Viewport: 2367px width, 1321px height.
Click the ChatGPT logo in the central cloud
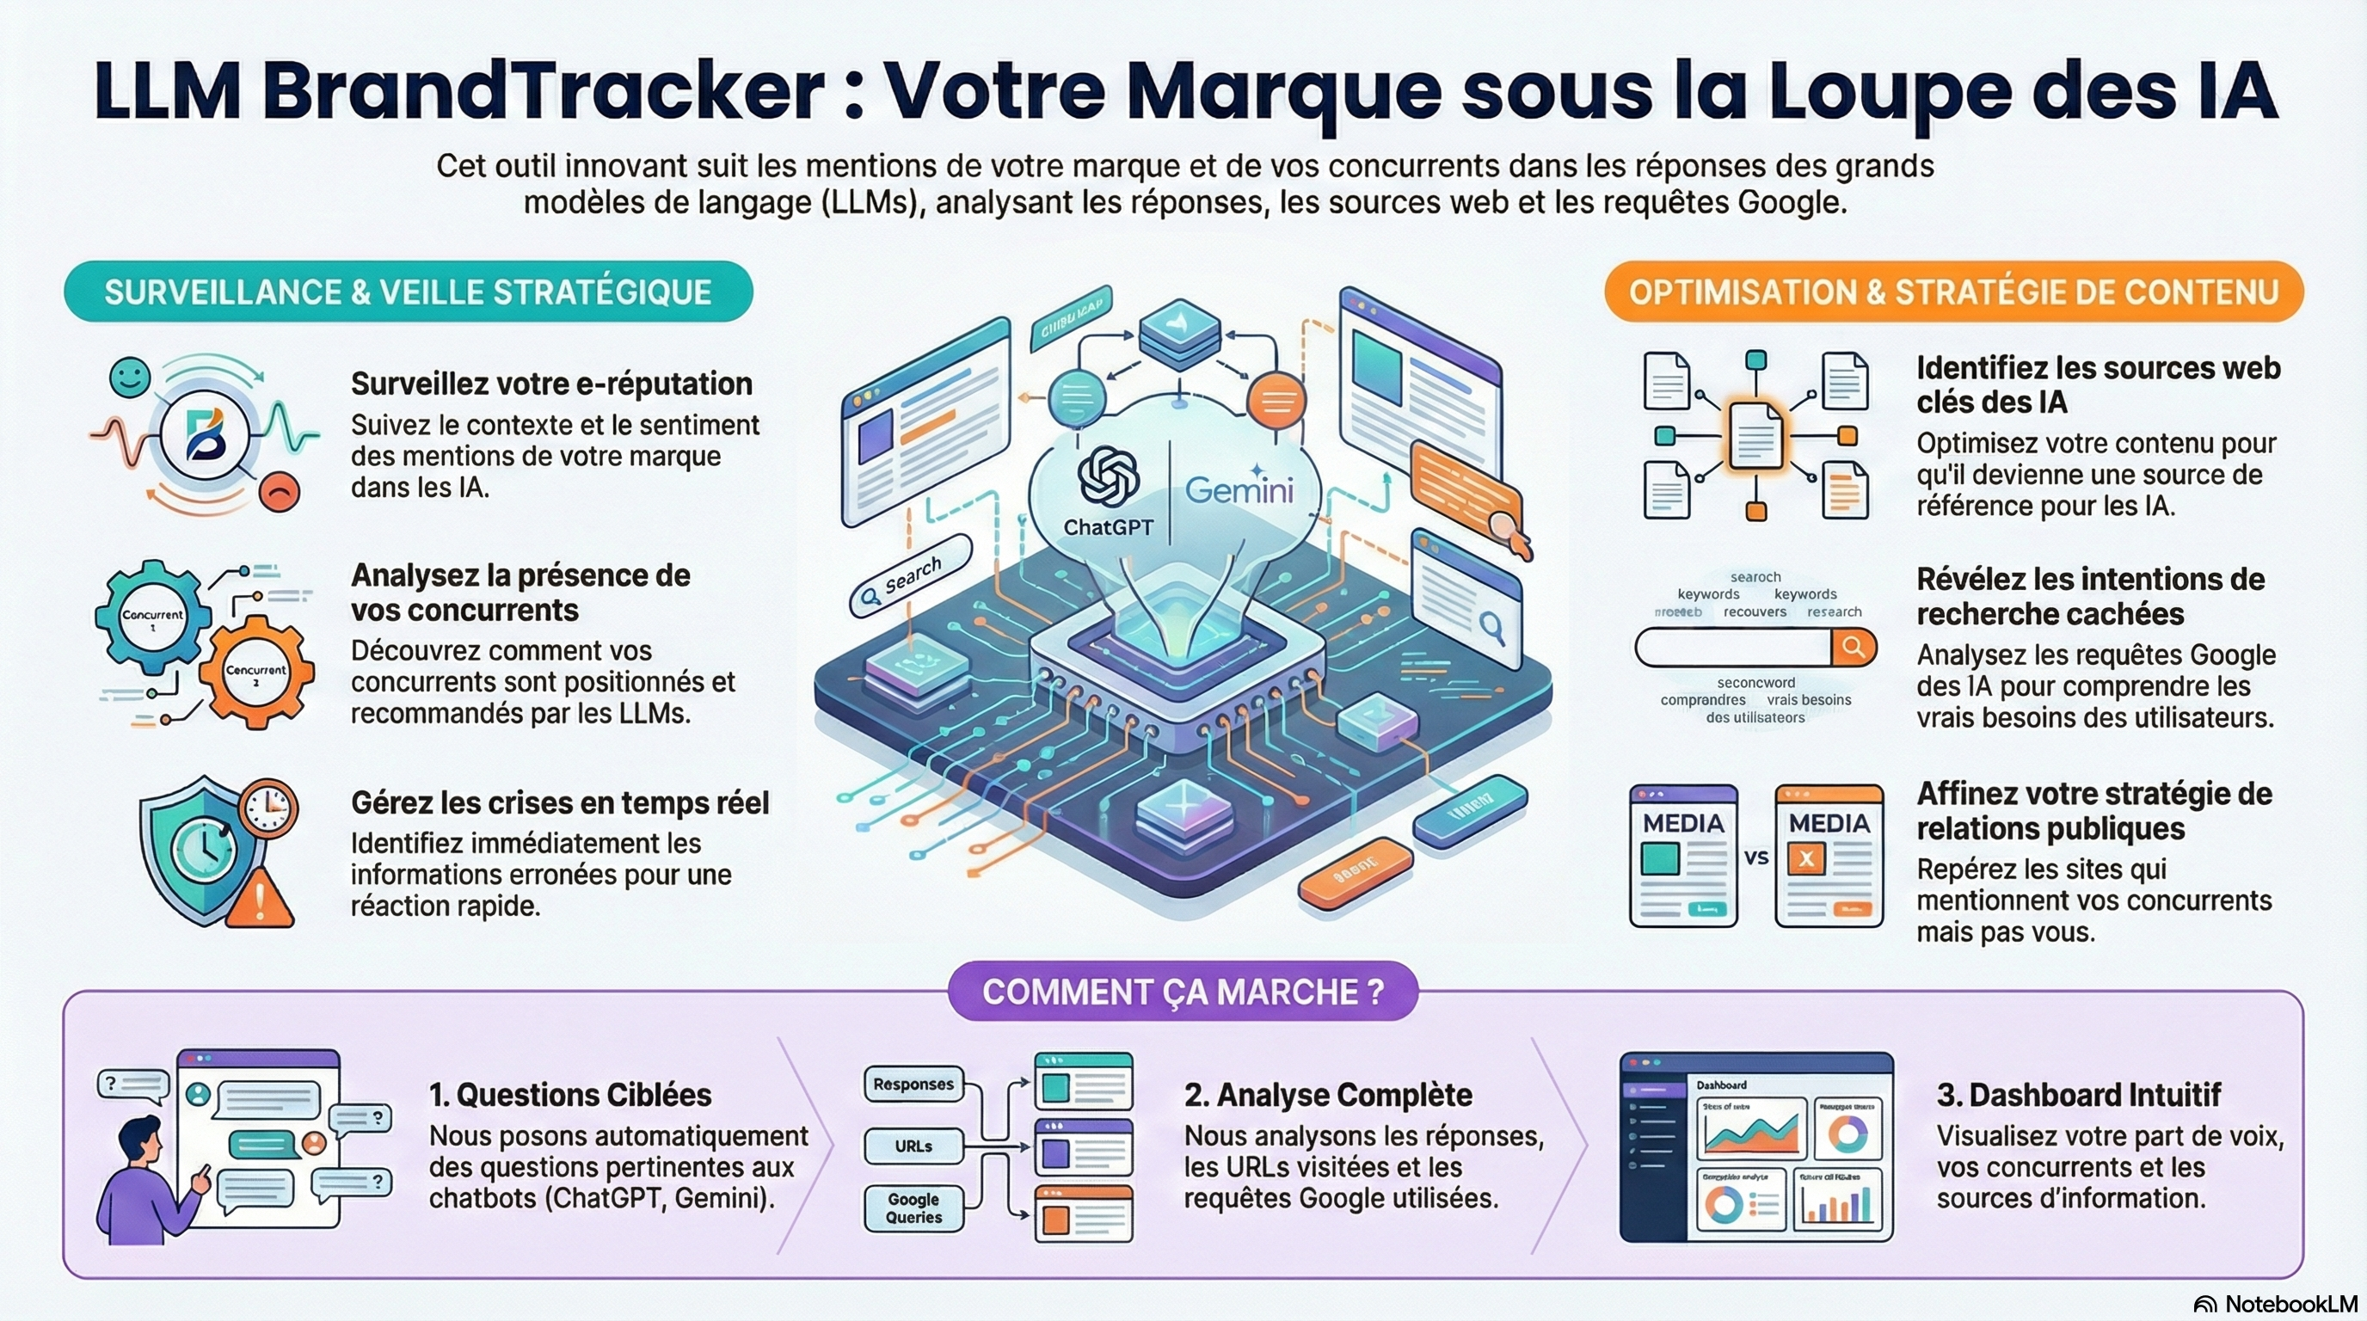1107,475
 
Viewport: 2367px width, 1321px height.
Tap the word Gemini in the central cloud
1239,489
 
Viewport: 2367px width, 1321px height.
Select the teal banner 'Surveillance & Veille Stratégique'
408,292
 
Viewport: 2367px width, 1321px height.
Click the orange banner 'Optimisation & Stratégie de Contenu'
1953,292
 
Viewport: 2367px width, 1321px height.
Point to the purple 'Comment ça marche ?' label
1183,992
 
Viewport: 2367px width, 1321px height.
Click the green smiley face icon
130,378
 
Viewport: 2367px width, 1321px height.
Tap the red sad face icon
280,491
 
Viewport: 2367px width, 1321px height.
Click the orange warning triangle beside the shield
261,898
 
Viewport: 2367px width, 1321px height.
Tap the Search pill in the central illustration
910,577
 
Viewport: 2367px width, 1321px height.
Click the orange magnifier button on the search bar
1853,648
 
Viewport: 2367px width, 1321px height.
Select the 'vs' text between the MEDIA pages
1756,858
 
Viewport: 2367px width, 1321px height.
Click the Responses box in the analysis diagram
913,1084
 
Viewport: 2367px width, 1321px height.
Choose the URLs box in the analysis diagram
913,1146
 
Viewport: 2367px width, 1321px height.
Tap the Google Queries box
913,1208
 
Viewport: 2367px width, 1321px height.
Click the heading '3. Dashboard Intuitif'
2079,1095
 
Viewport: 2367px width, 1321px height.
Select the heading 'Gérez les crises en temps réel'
560,803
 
